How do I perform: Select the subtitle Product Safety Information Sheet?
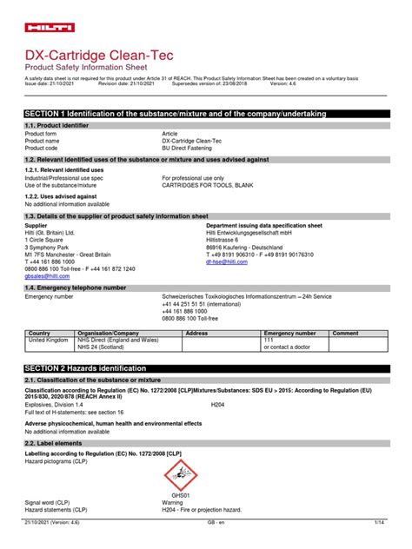(x=86, y=67)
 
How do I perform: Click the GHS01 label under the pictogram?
(x=180, y=495)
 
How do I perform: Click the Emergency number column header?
(x=290, y=333)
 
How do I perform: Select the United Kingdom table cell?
(x=48, y=340)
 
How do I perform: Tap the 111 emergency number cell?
(x=269, y=340)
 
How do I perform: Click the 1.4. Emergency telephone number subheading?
(x=76, y=287)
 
